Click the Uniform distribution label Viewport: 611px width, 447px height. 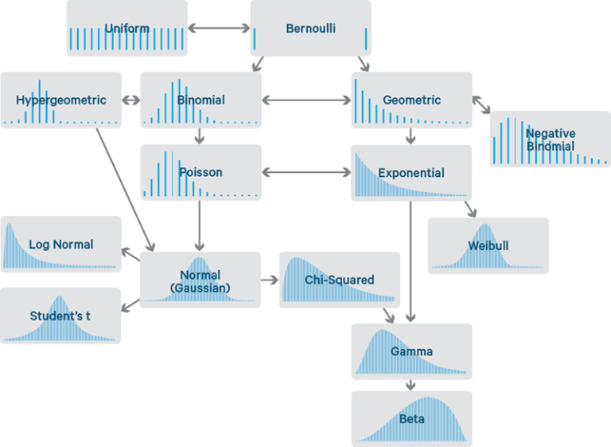pyautogui.click(x=126, y=29)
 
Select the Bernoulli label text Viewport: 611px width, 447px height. pyautogui.click(x=310, y=29)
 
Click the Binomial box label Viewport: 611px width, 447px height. pyautogui.click(x=200, y=100)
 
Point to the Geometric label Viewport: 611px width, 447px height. pyautogui.click(x=411, y=100)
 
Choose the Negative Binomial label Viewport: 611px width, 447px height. pyautogui.click(x=551, y=140)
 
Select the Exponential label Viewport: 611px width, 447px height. pyautogui.click(x=411, y=173)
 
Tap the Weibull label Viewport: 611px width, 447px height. pyautogui.click(x=488, y=245)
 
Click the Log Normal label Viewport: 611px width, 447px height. pyautogui.click(x=61, y=245)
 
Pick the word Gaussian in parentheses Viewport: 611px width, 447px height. pyautogui.click(x=200, y=287)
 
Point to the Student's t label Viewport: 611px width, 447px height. pyautogui.click(x=60, y=316)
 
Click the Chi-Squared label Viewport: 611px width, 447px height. pyautogui.click(x=340, y=280)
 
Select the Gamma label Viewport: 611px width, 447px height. pyautogui.click(x=411, y=351)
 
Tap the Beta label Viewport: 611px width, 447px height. pyautogui.click(x=411, y=419)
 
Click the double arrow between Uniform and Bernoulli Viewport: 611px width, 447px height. pyautogui.click(x=219, y=29)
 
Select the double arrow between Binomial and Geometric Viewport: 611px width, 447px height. pyautogui.click(x=306, y=100)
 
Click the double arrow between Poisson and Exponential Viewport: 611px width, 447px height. pyautogui.click(x=306, y=172)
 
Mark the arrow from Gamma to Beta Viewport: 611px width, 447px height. pyautogui.click(x=411, y=384)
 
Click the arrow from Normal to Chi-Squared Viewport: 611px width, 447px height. pyautogui.click(x=269, y=280)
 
